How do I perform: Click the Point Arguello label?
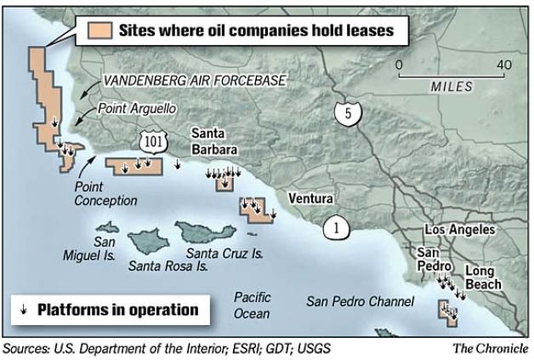[x=130, y=109]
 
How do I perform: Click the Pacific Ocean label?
[x=253, y=305]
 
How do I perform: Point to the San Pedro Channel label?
[x=361, y=301]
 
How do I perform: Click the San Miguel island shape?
[x=107, y=228]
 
